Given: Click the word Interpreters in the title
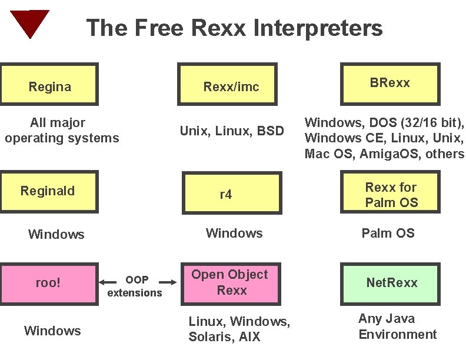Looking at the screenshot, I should tap(318, 28).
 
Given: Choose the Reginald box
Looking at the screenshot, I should tap(49, 191).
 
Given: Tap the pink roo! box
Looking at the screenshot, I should tap(49, 283).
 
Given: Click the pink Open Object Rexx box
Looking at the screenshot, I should tap(231, 283).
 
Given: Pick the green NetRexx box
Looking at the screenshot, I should tap(390, 283).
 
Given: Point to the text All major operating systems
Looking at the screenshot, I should tap(61, 131).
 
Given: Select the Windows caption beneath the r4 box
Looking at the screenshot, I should tap(234, 234).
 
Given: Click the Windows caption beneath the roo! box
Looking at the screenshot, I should tap(52, 331).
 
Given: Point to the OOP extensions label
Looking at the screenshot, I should tap(135, 286).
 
